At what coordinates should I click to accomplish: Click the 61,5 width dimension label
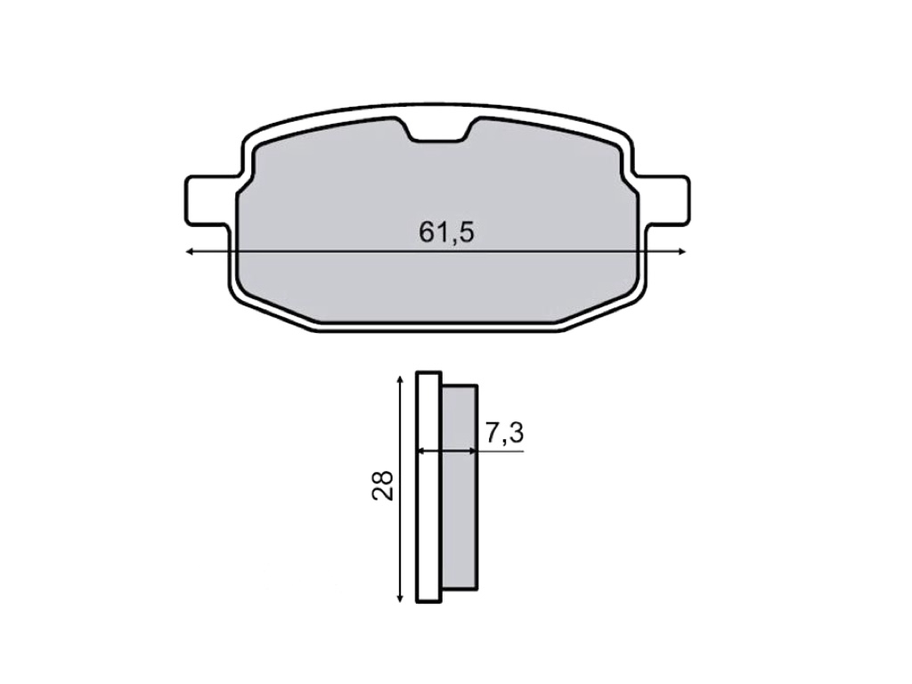[x=446, y=232]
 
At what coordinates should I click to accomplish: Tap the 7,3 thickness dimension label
[x=504, y=433]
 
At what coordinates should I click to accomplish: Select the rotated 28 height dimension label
[x=383, y=485]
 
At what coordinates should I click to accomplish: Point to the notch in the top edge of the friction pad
[x=437, y=130]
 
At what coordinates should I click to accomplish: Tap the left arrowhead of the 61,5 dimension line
[x=190, y=251]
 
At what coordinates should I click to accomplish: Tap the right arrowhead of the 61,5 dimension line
[x=681, y=251]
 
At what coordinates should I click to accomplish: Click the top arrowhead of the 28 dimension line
[x=400, y=379]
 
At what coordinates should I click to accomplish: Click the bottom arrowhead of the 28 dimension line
[x=400, y=598]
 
